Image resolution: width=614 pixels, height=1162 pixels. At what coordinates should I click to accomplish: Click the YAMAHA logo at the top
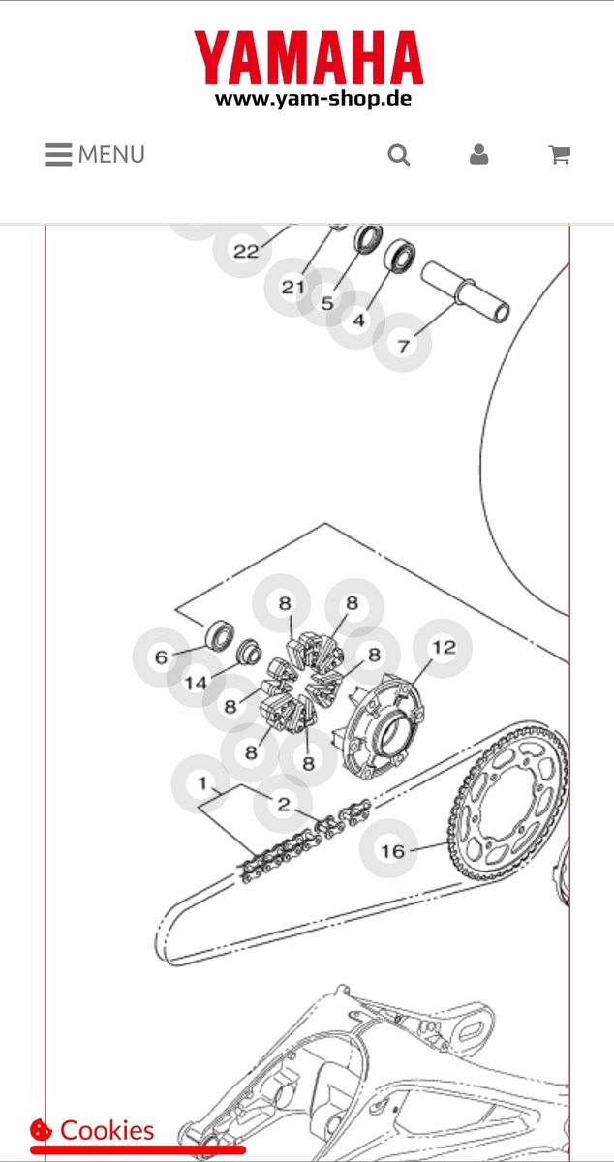[308, 57]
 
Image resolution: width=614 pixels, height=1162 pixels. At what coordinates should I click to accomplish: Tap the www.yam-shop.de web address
[313, 98]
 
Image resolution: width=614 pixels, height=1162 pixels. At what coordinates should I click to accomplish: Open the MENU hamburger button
[95, 155]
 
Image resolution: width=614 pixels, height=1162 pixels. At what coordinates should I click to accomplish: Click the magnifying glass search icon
[399, 155]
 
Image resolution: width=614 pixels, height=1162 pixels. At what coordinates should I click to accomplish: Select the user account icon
[478, 155]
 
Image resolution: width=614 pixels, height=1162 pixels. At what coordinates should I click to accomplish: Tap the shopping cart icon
[559, 155]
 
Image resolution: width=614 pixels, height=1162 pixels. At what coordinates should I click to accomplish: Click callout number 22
[246, 252]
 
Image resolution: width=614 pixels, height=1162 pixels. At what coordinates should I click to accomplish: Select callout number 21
[292, 288]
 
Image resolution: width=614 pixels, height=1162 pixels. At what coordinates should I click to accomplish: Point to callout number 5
[327, 303]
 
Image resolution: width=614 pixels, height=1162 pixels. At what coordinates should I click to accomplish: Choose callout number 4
[359, 320]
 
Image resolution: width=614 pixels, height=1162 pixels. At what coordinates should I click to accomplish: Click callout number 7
[403, 344]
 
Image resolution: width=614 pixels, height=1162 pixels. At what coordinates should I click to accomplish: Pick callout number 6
[162, 657]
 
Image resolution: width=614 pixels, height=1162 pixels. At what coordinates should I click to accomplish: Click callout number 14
[196, 683]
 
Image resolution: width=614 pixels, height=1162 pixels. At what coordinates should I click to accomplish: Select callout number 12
[443, 648]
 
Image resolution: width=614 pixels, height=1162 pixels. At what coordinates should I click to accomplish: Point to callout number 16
[391, 851]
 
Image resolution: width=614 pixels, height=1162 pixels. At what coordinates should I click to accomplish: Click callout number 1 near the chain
[202, 782]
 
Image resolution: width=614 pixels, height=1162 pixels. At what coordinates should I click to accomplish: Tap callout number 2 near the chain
[283, 805]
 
